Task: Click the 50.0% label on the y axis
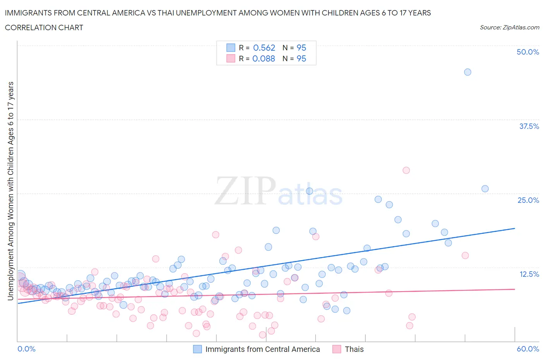click(x=527, y=52)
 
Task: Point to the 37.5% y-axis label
click(x=529, y=126)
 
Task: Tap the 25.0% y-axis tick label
click(x=528, y=200)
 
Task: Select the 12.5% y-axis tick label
click(x=529, y=274)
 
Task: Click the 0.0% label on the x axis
click(x=26, y=349)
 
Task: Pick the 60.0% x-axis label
click(x=527, y=349)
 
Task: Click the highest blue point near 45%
click(x=467, y=72)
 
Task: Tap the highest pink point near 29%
click(x=406, y=170)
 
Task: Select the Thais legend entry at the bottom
click(x=354, y=349)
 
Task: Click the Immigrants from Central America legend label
click(x=262, y=349)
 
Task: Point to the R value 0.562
click(x=264, y=48)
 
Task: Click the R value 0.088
click(x=263, y=58)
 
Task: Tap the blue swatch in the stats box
click(x=231, y=48)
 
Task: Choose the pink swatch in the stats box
click(x=231, y=58)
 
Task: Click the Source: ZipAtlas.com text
click(x=509, y=27)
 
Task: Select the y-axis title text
click(x=10, y=191)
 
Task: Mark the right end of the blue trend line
click(x=515, y=228)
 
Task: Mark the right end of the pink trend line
click(x=515, y=289)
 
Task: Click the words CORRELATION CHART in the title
click(x=44, y=27)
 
